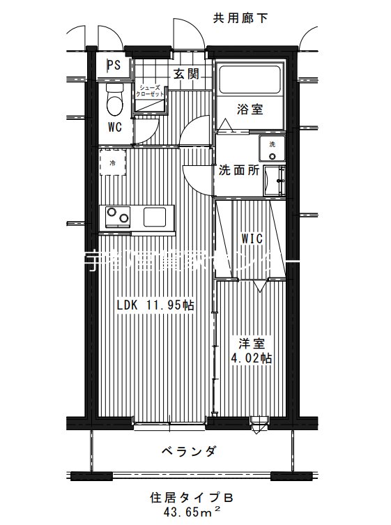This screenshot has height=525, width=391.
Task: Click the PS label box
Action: point(113,66)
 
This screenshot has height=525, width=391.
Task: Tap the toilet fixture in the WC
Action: point(114,101)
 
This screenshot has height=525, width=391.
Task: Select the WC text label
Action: point(115,127)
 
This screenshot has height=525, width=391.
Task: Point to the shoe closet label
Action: point(151,91)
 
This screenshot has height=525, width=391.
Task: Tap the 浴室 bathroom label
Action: point(249,109)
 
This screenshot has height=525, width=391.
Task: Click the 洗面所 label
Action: point(239,169)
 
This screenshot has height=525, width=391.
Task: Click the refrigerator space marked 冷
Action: point(112,163)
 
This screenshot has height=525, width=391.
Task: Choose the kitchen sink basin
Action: point(154,217)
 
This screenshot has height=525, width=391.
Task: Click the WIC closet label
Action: point(252,239)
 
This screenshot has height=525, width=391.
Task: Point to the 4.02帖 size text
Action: point(251,359)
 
